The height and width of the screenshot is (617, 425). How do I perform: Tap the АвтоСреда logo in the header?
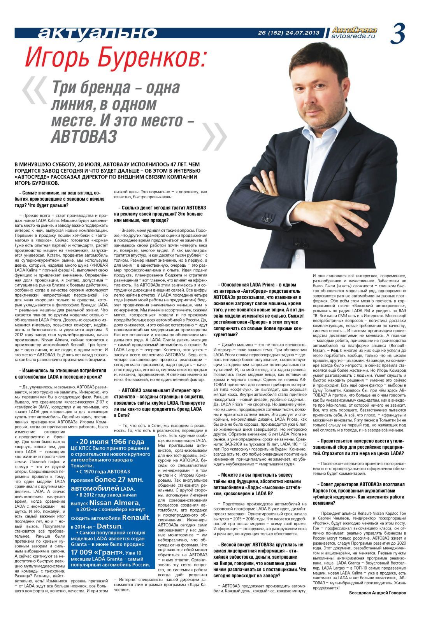pyautogui.click(x=354, y=30)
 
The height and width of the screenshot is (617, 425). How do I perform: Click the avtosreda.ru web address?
pyautogui.click(x=354, y=36)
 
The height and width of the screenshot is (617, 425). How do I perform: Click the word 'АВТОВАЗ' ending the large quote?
pyautogui.click(x=84, y=136)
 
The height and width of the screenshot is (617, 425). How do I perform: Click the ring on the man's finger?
pyautogui.click(x=264, y=191)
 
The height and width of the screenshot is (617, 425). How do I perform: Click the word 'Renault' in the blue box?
pyautogui.click(x=135, y=517)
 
